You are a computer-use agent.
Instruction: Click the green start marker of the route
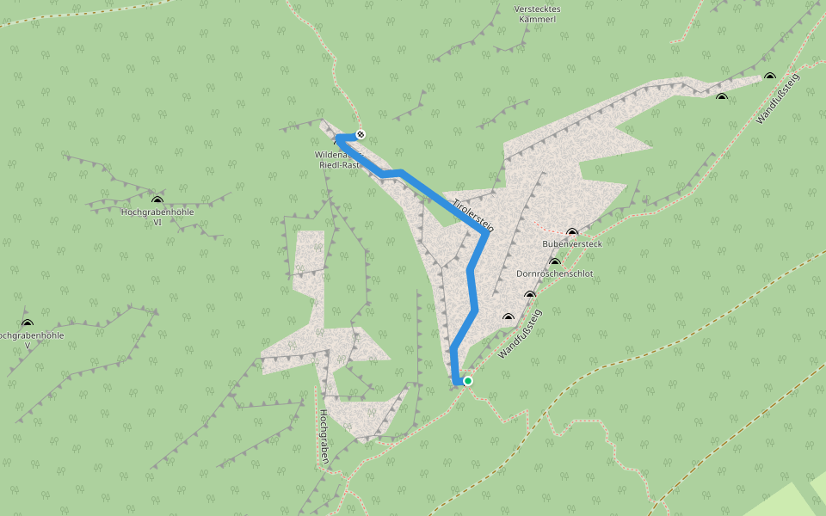coord(468,380)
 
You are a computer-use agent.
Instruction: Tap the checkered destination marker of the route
coord(361,134)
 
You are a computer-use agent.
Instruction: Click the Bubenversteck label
coord(572,244)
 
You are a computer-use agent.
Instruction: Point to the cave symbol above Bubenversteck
coord(572,233)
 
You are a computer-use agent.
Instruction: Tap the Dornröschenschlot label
coord(554,273)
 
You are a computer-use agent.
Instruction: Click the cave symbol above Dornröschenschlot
coord(554,262)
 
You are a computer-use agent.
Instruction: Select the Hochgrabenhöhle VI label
coord(157,216)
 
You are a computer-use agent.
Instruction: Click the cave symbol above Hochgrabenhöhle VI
coord(157,200)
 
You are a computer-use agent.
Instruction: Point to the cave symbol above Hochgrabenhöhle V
coord(27,323)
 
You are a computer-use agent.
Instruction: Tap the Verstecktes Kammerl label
coord(537,14)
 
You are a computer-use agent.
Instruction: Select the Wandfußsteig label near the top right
coord(778,98)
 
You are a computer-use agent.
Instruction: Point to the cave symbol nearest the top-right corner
coord(769,77)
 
